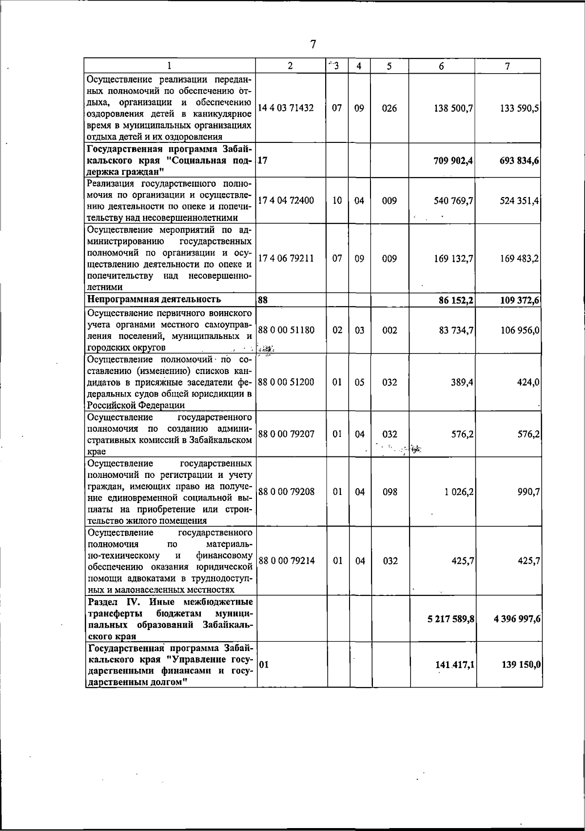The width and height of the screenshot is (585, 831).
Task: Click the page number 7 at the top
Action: [313, 44]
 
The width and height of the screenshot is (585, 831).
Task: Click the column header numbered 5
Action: [389, 66]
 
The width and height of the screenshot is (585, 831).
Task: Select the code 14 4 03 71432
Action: [286, 108]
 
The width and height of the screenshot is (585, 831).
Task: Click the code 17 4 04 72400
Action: [286, 200]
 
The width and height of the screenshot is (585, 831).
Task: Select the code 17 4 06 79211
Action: [286, 258]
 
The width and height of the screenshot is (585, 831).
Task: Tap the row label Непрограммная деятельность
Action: [154, 299]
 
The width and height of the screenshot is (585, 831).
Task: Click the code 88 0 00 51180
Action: [286, 330]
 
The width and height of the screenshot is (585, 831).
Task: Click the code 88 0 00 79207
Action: [286, 434]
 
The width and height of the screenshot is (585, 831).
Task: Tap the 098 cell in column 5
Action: [390, 492]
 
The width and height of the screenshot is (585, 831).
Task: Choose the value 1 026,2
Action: [459, 492]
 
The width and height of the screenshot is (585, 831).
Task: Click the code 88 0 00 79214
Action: [286, 561]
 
